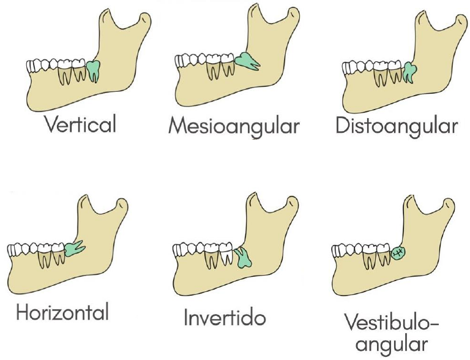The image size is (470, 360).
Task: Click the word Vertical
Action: pyautogui.click(x=80, y=125)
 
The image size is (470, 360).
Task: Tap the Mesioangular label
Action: pyautogui.click(x=234, y=126)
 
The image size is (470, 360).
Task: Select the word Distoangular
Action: pyautogui.click(x=396, y=126)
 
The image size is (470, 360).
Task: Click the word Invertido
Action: pyautogui.click(x=225, y=318)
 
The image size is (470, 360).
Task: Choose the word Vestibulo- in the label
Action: pyautogui.click(x=392, y=323)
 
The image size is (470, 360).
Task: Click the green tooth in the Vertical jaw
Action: pyautogui.click(x=93, y=70)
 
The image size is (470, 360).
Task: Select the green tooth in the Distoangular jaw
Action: pyautogui.click(x=409, y=72)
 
